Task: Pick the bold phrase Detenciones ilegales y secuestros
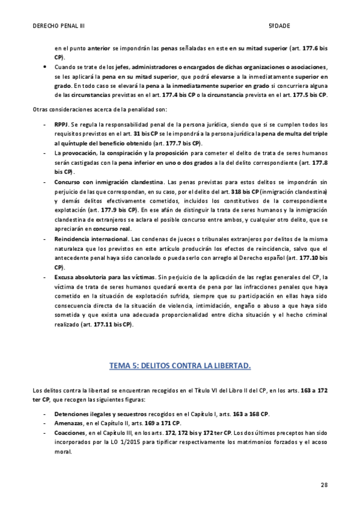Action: pyautogui.click(x=96, y=414)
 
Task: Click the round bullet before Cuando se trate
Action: pyautogui.click(x=44, y=67)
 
